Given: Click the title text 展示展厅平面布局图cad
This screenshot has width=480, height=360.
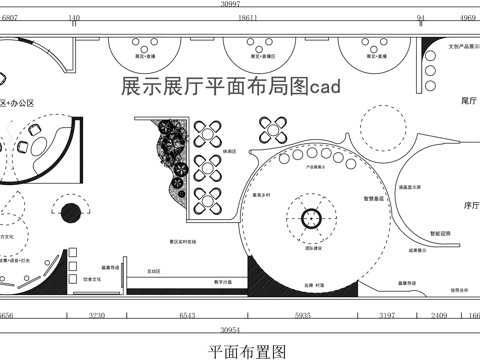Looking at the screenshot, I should (x=231, y=88).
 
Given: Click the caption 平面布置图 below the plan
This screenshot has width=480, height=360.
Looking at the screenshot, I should (x=247, y=351).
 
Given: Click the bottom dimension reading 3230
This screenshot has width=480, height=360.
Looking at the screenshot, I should (x=98, y=315).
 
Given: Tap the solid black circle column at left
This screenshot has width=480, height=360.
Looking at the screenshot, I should (x=70, y=213).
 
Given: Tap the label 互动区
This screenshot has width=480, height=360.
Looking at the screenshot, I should (x=155, y=271).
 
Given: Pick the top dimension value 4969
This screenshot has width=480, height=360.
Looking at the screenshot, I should (x=466, y=18).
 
